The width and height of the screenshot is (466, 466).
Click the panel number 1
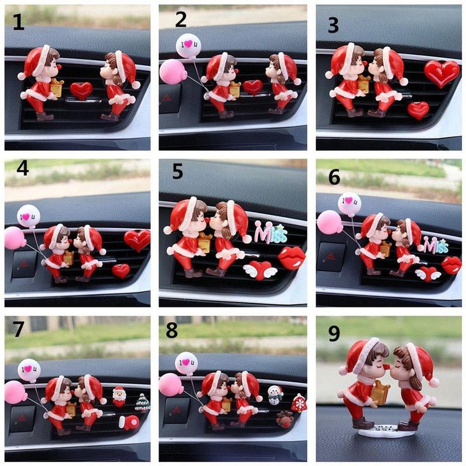click(19, 22)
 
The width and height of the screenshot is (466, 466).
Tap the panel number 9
click(334, 333)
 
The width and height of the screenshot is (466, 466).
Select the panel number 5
click(178, 171)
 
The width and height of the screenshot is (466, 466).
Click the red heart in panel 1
click(81, 91)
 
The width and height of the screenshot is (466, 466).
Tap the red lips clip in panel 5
click(292, 257)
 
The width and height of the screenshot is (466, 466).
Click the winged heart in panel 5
click(260, 270)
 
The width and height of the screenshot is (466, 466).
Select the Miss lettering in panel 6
click(436, 245)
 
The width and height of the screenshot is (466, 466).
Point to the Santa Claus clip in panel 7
click(119, 396)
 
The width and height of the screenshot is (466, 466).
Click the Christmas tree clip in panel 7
click(143, 403)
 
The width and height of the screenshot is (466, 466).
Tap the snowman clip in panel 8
click(275, 395)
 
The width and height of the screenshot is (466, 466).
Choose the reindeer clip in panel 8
click(284, 419)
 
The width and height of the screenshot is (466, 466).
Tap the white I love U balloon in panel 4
click(29, 216)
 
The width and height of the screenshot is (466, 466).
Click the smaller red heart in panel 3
click(418, 111)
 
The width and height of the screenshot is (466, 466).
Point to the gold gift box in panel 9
click(380, 393)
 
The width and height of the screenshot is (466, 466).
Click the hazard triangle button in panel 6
click(331, 257)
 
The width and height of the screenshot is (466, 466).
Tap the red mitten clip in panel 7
click(129, 422)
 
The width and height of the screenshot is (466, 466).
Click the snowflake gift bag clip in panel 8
click(299, 403)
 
